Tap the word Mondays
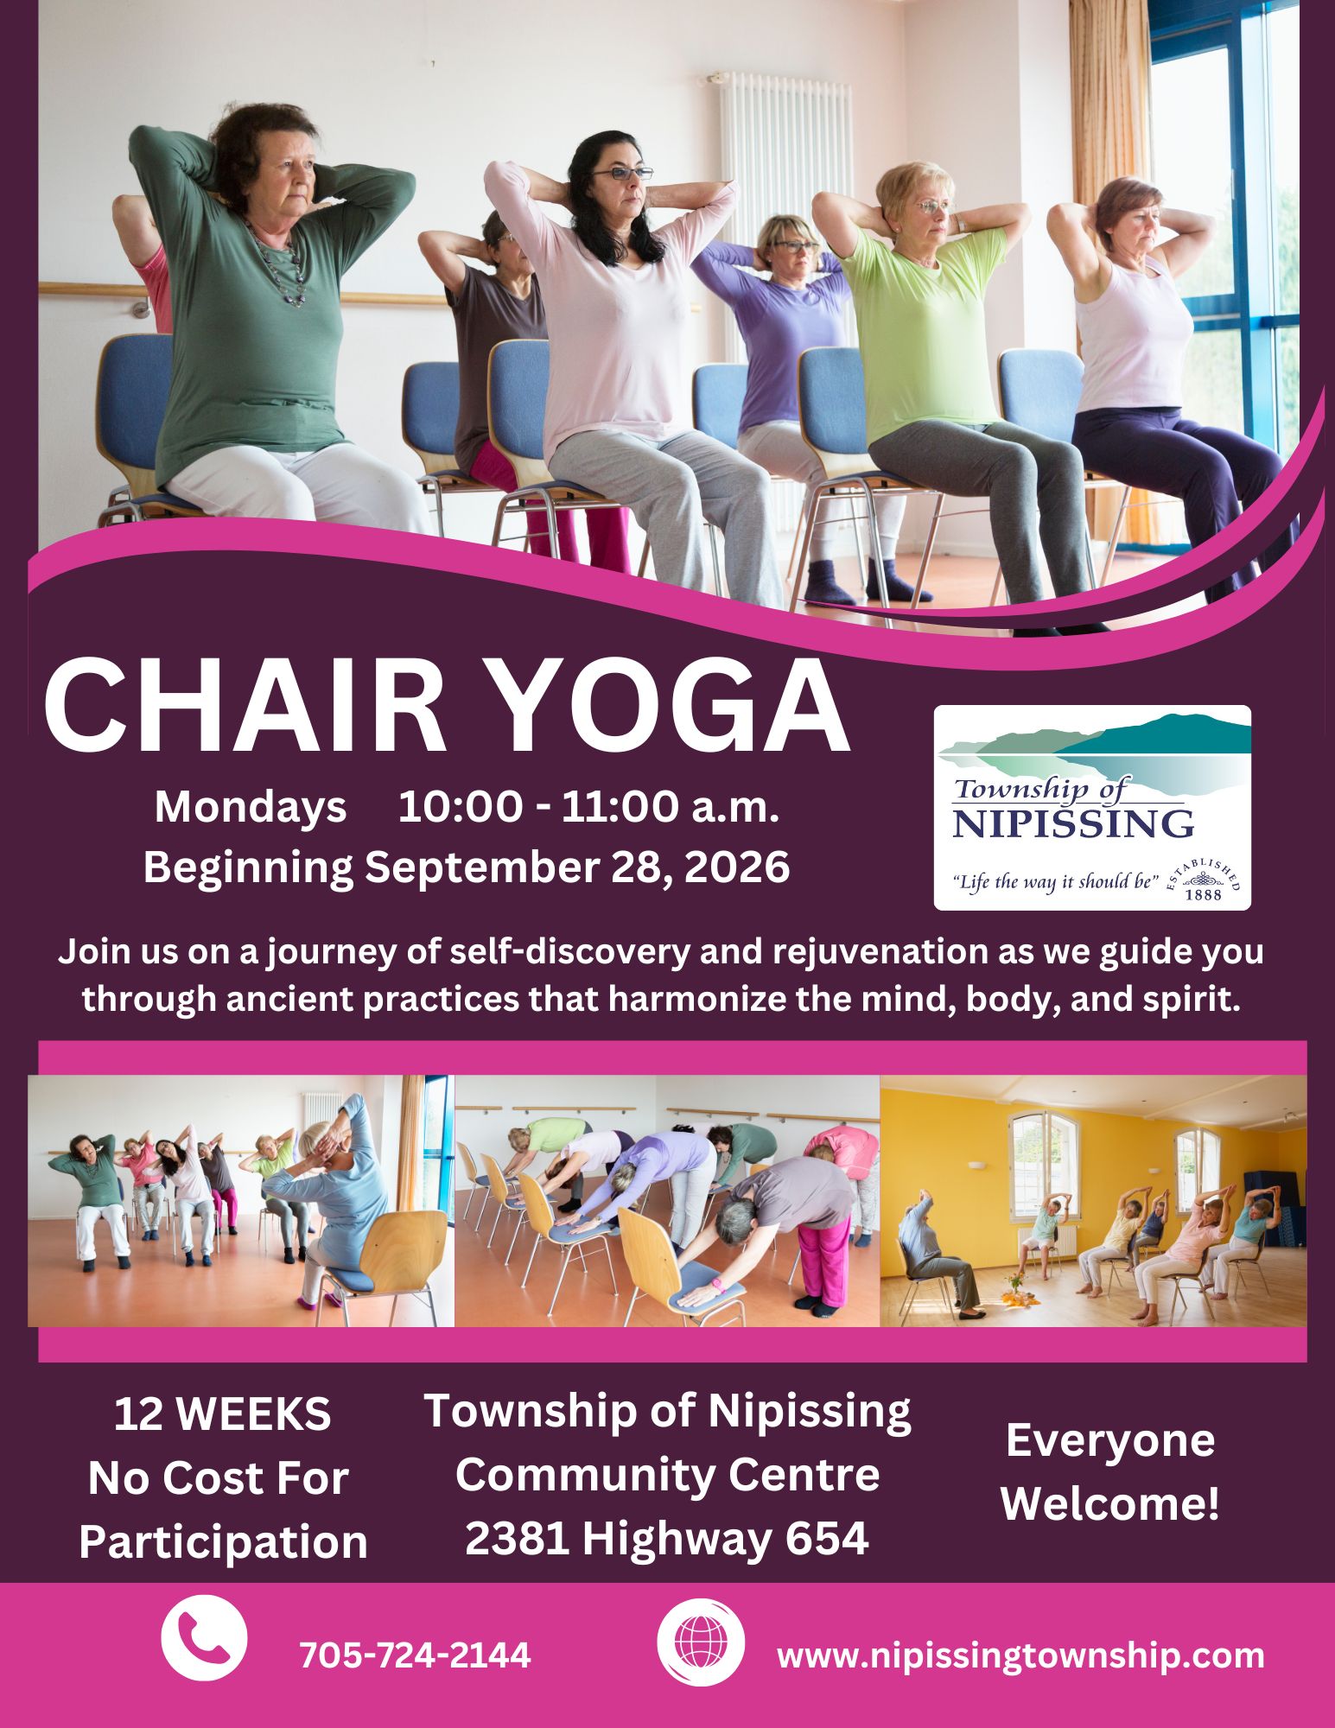coord(251,808)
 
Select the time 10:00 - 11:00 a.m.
coord(588,807)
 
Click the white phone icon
coord(204,1655)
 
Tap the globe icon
coord(700,1655)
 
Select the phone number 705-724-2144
coord(415,1655)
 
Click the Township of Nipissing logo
coord(1092,807)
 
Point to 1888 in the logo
coord(1204,894)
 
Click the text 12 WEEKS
coord(222,1414)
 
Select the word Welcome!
coord(1110,1504)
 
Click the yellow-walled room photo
coord(1093,1201)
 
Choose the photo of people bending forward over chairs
coord(667,1201)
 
